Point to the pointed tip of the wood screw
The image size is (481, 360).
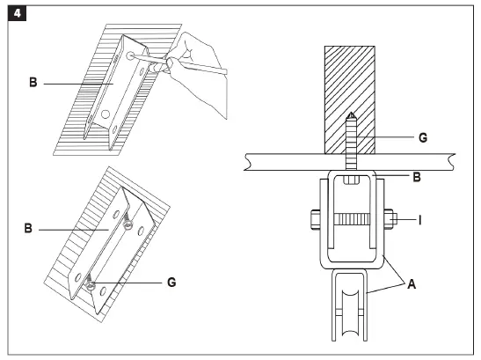pos(349,116)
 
